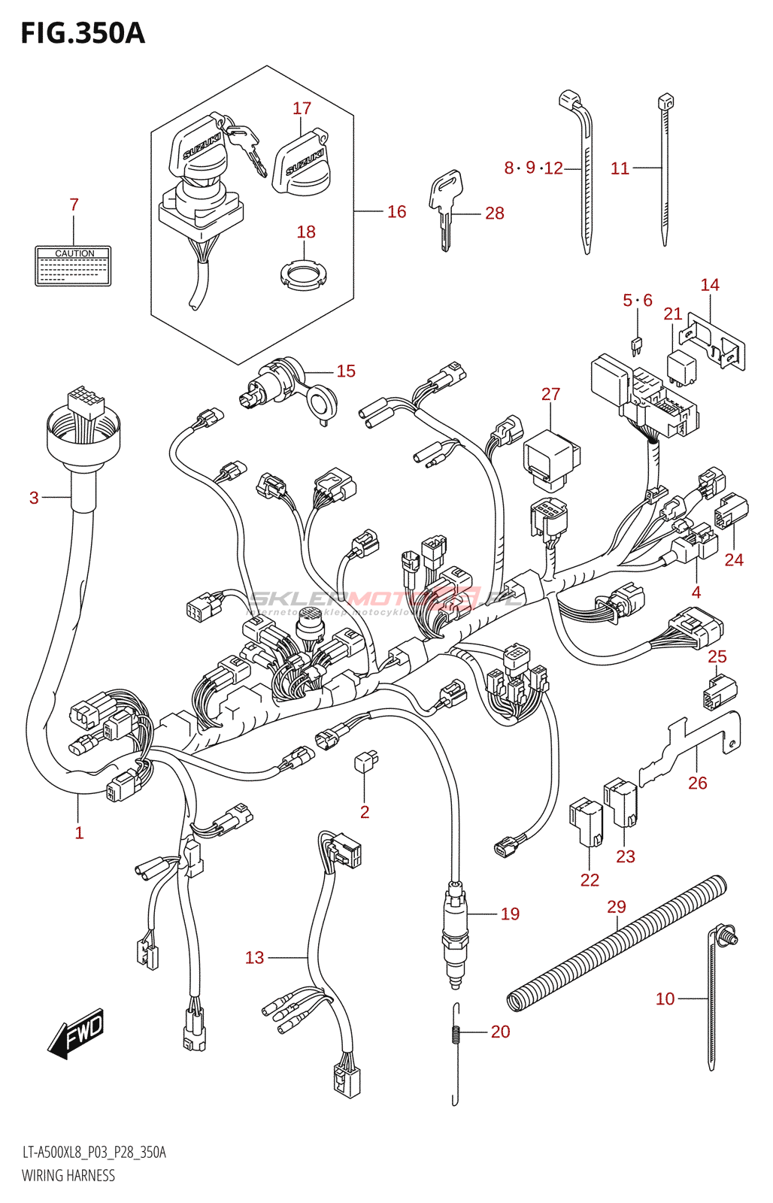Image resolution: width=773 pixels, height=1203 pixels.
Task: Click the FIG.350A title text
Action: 83,34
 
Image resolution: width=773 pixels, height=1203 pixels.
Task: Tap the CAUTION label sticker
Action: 73,266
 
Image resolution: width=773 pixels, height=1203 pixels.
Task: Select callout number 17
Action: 302,108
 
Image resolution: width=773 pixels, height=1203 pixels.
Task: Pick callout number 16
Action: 396,212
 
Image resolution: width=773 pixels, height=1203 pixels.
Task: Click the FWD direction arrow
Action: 76,1034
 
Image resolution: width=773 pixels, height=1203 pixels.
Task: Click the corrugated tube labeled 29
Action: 617,943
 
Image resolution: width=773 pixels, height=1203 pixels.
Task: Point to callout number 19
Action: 510,914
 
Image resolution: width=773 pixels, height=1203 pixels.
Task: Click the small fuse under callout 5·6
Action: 637,346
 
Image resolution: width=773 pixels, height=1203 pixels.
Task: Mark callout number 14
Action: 710,285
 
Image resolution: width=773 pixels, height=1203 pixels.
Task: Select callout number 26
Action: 697,783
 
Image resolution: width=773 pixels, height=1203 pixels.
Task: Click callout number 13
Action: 255,957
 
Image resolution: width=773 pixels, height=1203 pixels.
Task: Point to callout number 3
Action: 34,497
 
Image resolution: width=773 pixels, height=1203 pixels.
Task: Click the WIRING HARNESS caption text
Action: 68,1175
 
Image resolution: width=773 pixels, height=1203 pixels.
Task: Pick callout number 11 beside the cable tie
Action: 620,168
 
